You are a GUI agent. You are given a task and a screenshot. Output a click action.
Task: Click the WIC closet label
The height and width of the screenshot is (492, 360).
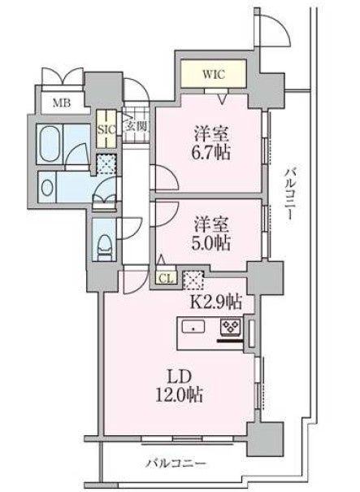tap(214, 75)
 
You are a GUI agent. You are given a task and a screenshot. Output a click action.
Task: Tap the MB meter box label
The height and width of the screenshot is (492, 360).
tap(62, 102)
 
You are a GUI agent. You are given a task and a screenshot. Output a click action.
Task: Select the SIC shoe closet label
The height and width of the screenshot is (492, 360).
tap(106, 129)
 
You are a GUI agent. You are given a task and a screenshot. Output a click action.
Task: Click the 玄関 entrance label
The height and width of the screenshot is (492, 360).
tap(136, 126)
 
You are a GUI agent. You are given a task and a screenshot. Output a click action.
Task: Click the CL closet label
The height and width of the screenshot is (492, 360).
tap(167, 279)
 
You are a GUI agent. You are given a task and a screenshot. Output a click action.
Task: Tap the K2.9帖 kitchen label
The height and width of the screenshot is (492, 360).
tap(216, 303)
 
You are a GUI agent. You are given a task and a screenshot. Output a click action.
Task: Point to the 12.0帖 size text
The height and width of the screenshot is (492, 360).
tap(179, 395)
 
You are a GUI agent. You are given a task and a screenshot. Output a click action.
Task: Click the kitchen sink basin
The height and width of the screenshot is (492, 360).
tap(193, 327)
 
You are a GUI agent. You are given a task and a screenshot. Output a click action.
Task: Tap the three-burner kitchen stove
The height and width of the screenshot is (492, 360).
tap(232, 327)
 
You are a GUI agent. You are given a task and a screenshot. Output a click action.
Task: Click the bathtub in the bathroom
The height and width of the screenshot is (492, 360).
tap(50, 144)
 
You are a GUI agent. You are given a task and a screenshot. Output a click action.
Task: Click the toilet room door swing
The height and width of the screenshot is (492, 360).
tap(129, 229)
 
